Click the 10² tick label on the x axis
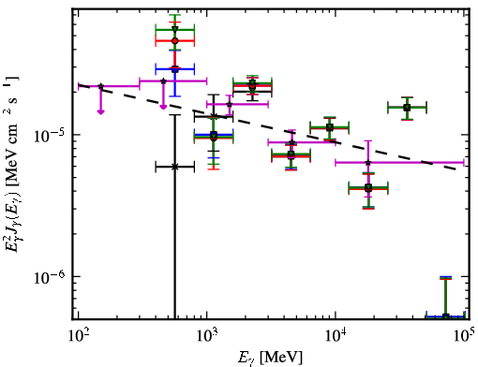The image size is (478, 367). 79,335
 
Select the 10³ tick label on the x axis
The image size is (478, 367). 208,335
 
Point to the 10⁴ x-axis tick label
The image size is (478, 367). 336,335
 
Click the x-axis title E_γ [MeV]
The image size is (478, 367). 270,358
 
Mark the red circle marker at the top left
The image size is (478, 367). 175,41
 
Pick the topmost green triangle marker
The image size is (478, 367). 175,29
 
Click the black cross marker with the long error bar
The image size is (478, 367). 175,167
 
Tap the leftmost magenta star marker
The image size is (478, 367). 101,86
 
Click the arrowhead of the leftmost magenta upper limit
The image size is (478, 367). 100,111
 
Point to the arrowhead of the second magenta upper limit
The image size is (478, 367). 163,107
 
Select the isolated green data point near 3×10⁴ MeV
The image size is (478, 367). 407,108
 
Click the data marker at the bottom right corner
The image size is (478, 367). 446,316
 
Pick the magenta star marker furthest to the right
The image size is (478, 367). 368,163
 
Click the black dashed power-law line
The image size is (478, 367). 272,126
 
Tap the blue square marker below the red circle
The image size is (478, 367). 175,69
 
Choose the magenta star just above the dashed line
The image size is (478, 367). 230,104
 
